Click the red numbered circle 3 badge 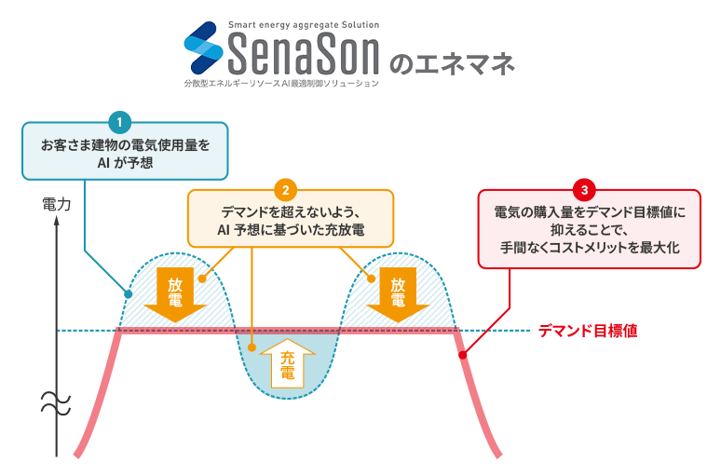click(x=583, y=189)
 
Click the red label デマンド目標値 click(x=588, y=331)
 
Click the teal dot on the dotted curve click(x=129, y=295)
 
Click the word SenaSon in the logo click(x=303, y=55)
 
